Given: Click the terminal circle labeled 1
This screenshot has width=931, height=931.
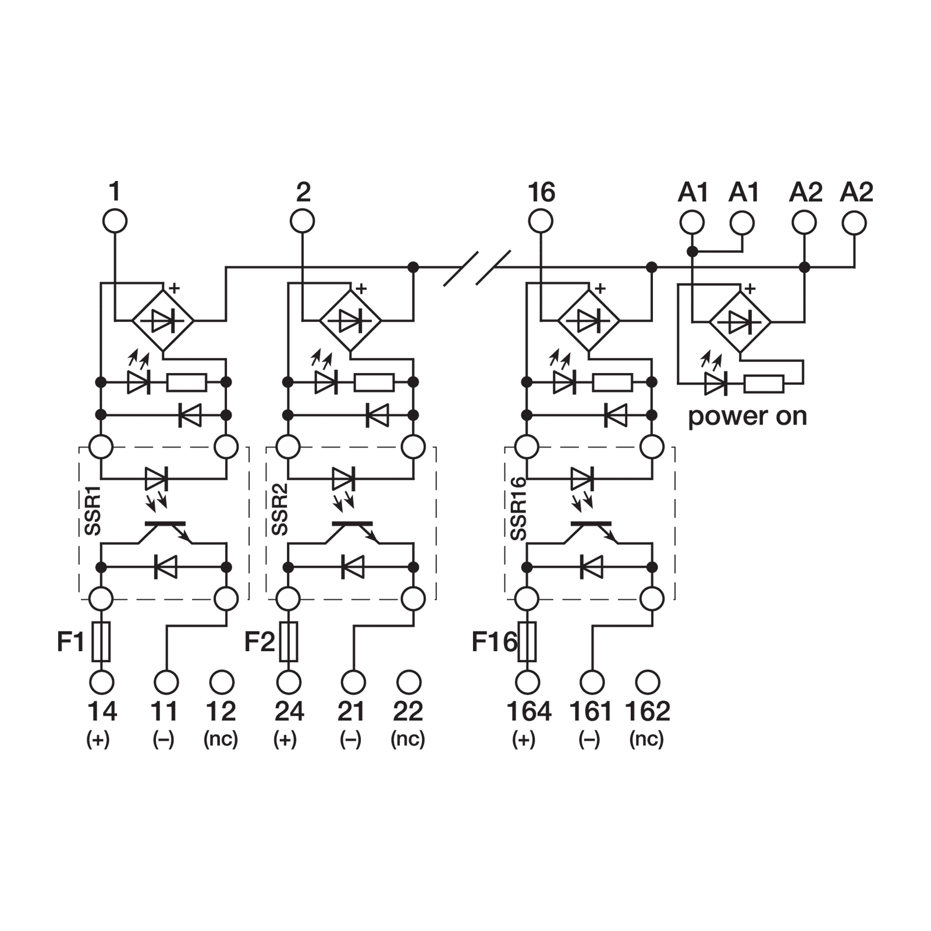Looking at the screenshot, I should coord(115,222).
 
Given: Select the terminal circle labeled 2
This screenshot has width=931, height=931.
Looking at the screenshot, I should coord(303,222).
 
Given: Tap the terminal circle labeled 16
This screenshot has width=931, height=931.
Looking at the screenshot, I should coord(541,222).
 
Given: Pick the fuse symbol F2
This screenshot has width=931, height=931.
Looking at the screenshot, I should coord(289,641).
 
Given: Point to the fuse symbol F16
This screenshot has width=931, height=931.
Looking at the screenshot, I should coord(527,641).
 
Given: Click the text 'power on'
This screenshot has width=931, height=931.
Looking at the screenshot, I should coord(748,417).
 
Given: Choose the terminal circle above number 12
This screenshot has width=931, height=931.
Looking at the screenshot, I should coord(221,681).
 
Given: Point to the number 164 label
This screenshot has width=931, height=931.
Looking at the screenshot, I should coord(528,711).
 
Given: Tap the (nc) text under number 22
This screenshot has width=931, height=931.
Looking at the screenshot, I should coord(408,739).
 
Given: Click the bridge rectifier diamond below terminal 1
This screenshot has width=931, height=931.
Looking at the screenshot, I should coord(162,321).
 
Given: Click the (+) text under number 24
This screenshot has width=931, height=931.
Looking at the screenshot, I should coord(285,739).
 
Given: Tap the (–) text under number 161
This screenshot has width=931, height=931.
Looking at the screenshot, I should coord(589,739).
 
